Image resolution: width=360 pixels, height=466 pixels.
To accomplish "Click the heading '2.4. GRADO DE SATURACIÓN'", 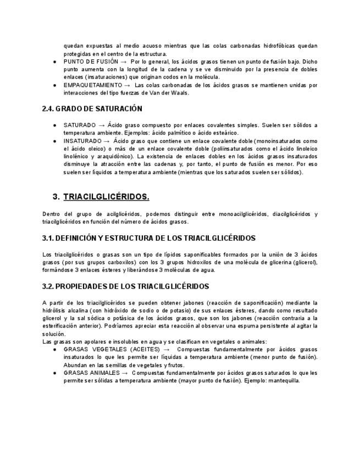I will [92, 109].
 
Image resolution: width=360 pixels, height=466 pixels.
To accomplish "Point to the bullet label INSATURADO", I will [82, 141].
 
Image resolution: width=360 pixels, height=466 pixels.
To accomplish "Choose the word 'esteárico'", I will [226, 133].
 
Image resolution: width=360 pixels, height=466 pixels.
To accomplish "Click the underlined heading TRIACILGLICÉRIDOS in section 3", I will [106, 196].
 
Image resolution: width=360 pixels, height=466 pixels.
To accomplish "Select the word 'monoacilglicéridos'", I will [218, 214].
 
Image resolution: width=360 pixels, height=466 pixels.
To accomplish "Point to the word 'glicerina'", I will [282, 262].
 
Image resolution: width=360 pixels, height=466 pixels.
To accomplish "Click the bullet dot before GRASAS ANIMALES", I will [56, 373].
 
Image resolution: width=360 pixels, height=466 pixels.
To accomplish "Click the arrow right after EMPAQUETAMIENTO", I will [128, 85].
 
